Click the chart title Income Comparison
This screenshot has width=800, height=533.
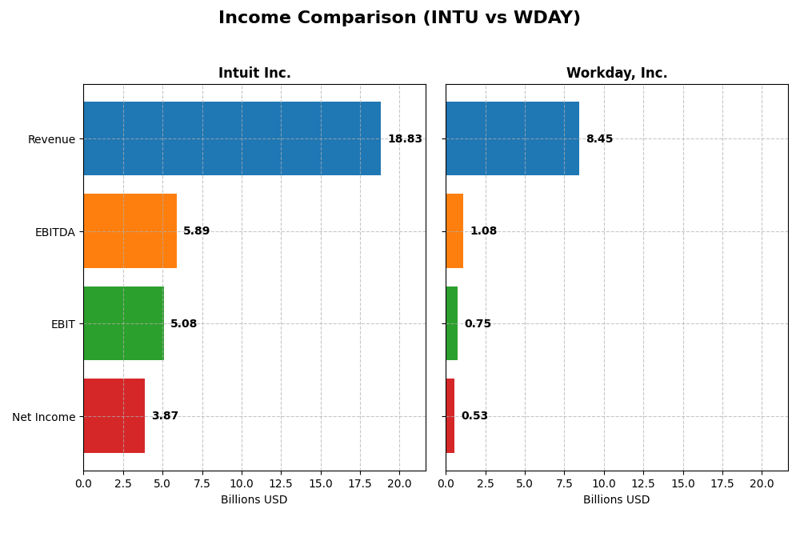click(399, 18)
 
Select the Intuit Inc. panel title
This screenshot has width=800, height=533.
click(254, 73)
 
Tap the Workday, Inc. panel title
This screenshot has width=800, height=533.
click(616, 73)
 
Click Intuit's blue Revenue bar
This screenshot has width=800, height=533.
click(232, 138)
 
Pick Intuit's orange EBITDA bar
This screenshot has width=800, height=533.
click(130, 230)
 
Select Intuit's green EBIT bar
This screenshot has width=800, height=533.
click(123, 323)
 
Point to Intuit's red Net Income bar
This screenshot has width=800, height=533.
click(114, 415)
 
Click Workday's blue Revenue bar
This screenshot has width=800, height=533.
click(512, 138)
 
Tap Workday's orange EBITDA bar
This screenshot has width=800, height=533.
click(454, 230)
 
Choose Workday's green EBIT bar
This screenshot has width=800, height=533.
click(451, 323)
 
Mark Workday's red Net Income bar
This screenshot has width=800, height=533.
click(450, 415)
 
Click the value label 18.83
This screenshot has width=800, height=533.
click(405, 139)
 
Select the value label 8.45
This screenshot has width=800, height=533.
click(599, 139)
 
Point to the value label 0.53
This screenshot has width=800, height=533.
click(474, 416)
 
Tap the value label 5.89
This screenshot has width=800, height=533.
click(196, 231)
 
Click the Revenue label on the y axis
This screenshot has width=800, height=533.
click(51, 139)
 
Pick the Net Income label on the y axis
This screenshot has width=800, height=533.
click(44, 416)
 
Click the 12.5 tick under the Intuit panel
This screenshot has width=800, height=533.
click(281, 483)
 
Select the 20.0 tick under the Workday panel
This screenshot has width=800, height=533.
click(762, 483)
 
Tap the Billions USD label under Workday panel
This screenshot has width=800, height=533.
click(616, 499)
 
